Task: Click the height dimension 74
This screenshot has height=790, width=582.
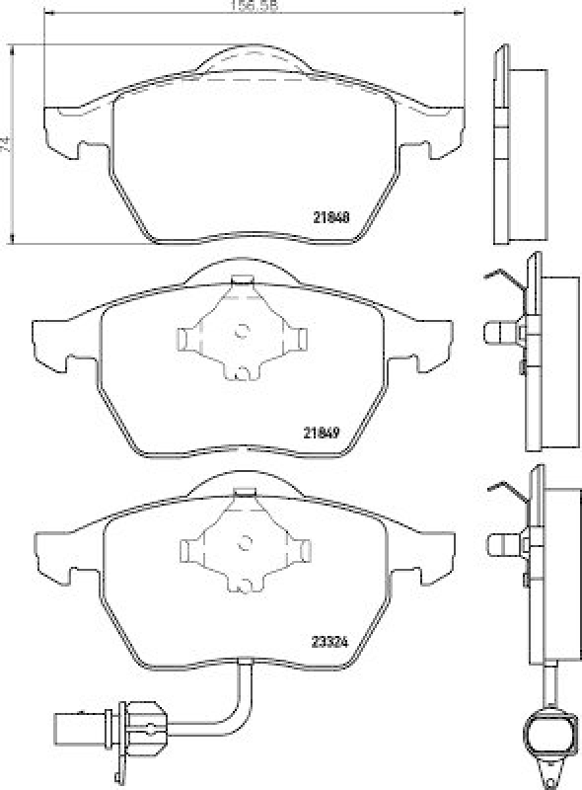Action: tap(8, 142)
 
